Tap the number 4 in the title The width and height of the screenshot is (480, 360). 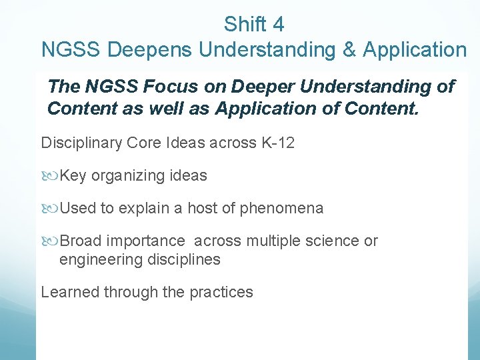tap(278, 25)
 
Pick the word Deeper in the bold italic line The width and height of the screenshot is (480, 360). tap(249, 87)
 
